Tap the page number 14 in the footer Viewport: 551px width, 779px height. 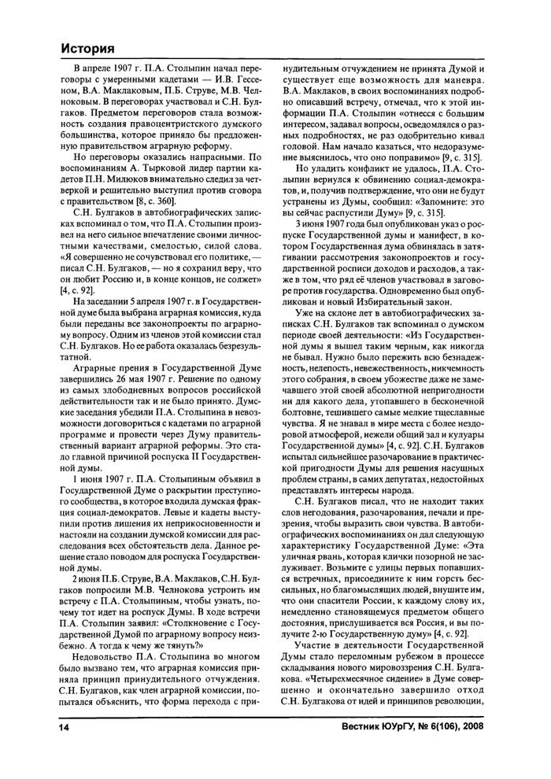click(x=65, y=748)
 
